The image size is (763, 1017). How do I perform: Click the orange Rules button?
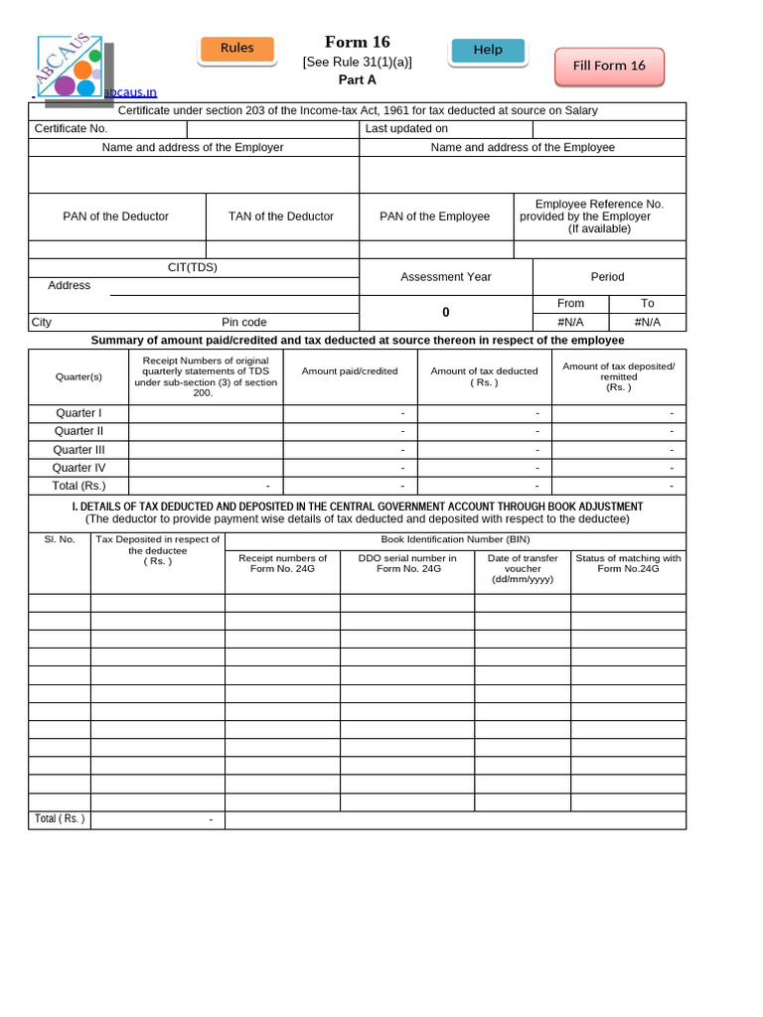point(236,49)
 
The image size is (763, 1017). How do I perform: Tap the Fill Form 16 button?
point(609,66)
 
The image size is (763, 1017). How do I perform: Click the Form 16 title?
point(357,42)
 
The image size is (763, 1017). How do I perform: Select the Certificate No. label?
point(71,128)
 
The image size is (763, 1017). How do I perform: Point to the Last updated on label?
point(406,128)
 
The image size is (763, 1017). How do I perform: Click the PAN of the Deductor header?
point(116,217)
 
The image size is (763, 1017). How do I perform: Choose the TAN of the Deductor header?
point(281,217)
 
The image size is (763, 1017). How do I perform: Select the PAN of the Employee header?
point(435,217)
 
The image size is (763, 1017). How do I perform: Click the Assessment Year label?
point(446,277)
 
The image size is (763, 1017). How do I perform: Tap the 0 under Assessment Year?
point(446,312)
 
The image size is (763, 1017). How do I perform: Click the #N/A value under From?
point(570,322)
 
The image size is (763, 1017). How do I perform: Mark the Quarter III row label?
point(78,449)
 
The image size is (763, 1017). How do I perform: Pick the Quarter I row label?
point(78,413)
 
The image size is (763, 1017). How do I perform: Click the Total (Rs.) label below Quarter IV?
point(78,486)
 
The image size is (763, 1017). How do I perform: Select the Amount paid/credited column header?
point(350,371)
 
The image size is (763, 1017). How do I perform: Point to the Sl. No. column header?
point(60,540)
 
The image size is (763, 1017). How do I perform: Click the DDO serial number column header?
point(407,563)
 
